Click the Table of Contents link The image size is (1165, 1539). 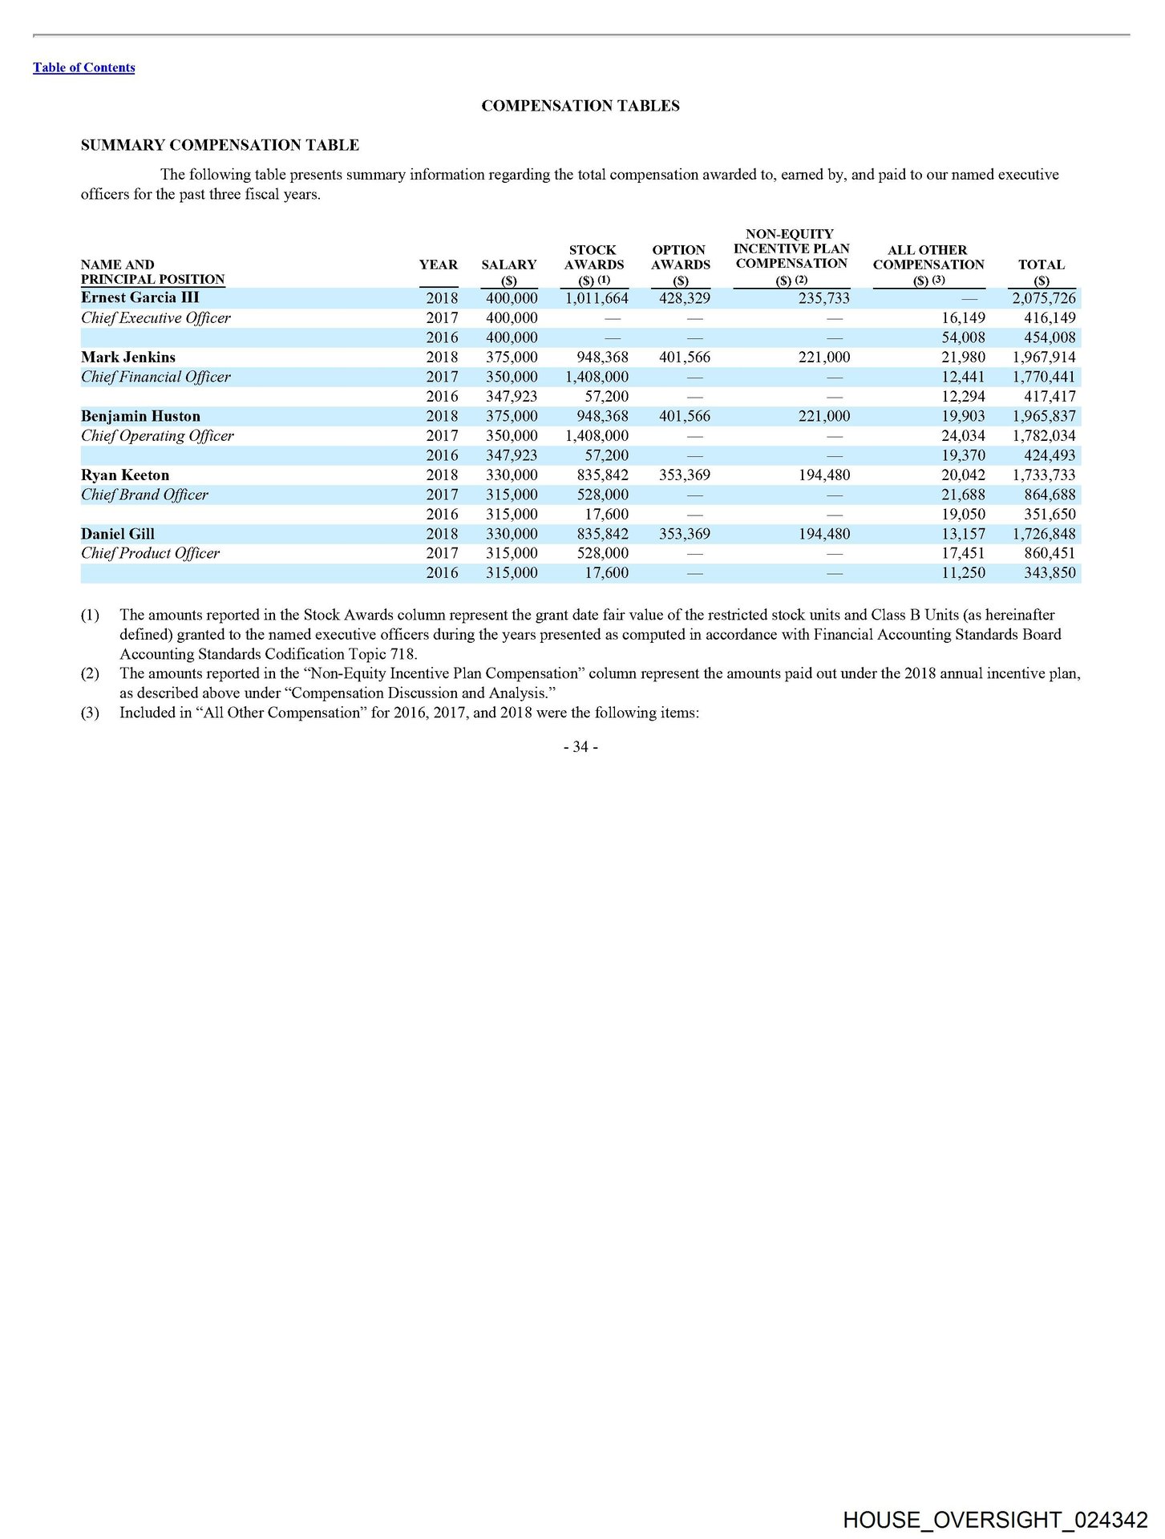point(83,68)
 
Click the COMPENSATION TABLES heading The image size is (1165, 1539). point(580,106)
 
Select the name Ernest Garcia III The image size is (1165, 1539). point(140,297)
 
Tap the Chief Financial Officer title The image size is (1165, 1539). point(156,377)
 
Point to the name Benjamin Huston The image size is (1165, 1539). point(140,416)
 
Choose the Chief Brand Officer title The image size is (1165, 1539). point(144,495)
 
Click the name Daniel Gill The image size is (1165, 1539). point(118,534)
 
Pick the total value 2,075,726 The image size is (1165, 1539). point(1043,298)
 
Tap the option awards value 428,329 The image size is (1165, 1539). point(684,298)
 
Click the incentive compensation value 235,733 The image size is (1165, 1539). point(823,298)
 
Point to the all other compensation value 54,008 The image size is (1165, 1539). point(963,337)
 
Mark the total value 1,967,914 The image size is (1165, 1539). point(1043,357)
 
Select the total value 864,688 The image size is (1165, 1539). point(1050,495)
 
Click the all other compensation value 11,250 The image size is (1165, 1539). point(963,573)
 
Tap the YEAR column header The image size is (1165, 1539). point(439,265)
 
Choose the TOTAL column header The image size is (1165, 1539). point(1041,265)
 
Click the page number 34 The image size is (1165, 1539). point(580,747)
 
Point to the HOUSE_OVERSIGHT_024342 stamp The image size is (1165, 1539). point(995,1521)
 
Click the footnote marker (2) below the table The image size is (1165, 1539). point(90,673)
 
